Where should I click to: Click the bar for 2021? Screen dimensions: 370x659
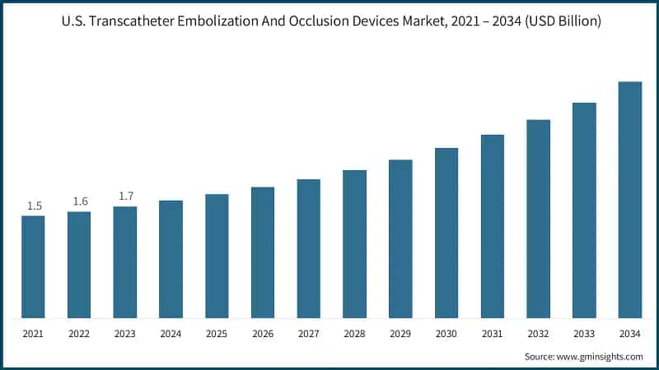pos(33,266)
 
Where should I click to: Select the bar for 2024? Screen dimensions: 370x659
pos(171,259)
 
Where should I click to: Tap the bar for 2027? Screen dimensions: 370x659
pos(309,248)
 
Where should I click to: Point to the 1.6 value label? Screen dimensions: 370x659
pos(80,201)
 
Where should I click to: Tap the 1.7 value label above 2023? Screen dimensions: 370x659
pos(125,197)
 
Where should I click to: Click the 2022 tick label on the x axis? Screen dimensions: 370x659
pos(79,335)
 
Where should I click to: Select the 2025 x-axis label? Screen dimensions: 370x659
pos(217,335)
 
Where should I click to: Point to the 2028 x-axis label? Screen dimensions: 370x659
pos(354,335)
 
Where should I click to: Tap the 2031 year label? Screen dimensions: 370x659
pos(493,335)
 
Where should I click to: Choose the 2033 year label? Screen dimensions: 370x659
pos(584,335)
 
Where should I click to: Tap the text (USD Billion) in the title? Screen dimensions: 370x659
pos(559,21)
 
